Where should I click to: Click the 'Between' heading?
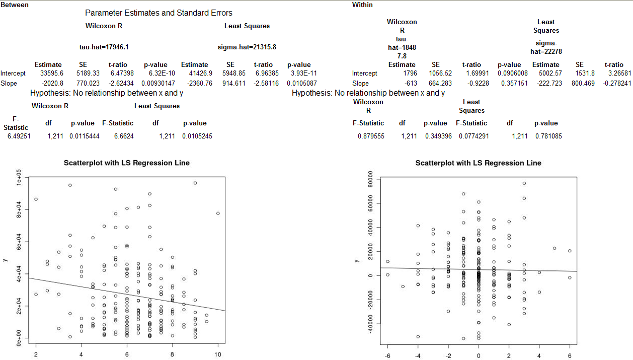point(15,5)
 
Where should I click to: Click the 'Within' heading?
point(362,5)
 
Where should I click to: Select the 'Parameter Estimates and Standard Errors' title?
point(159,13)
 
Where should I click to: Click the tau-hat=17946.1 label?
point(104,47)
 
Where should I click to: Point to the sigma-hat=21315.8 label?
point(247,47)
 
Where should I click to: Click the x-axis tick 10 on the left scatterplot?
point(218,354)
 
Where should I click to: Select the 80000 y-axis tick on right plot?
point(369,179)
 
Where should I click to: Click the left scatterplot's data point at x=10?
point(218,213)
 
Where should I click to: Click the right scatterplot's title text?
point(479,163)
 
